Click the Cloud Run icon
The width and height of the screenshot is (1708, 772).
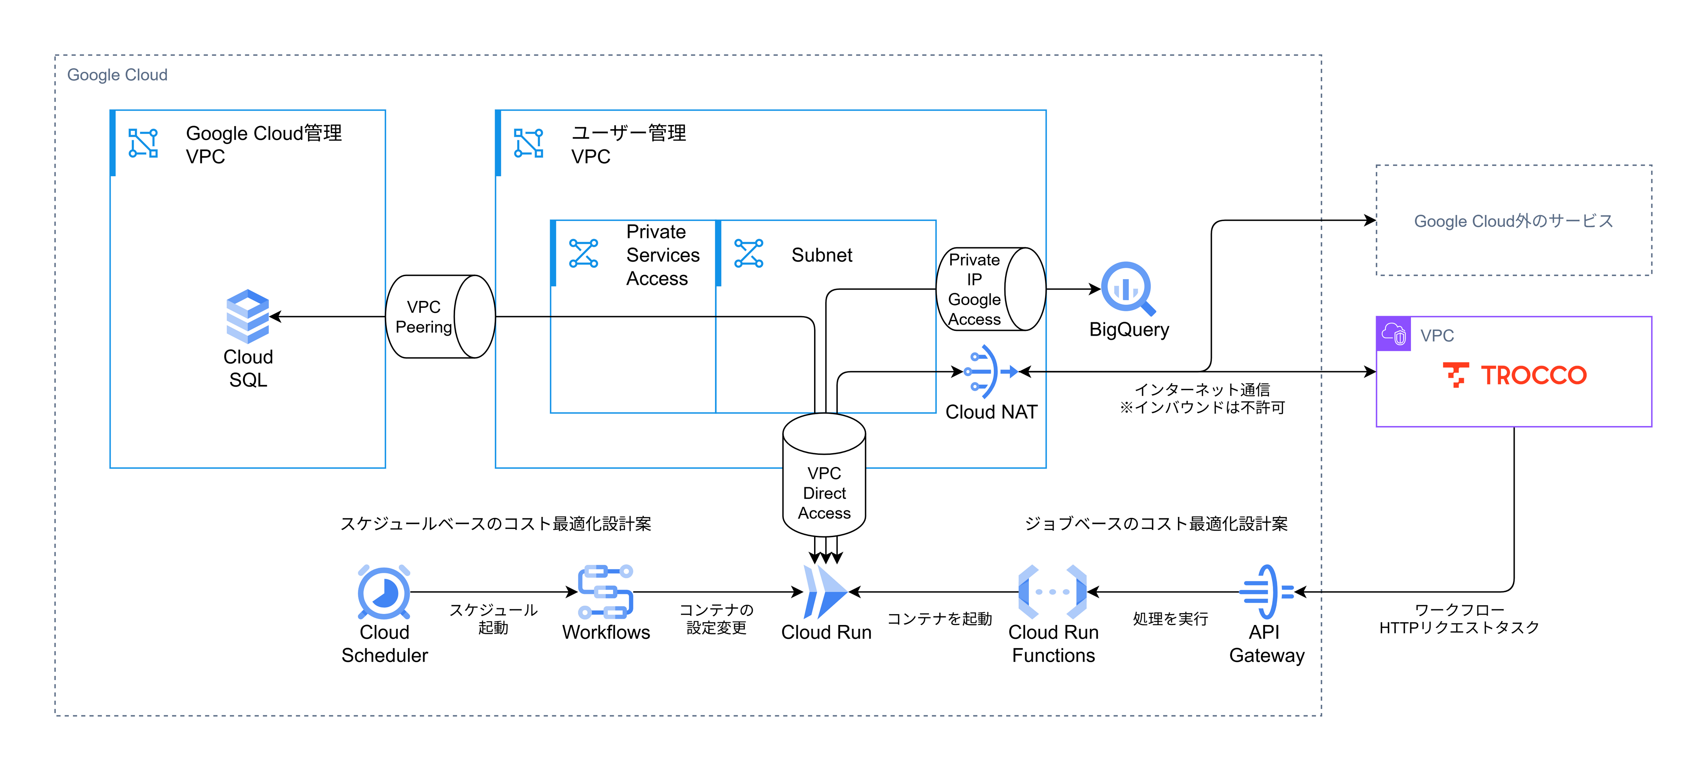(825, 592)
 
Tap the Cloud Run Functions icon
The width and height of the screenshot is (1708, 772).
(1052, 592)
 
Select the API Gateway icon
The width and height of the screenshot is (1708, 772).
(1266, 592)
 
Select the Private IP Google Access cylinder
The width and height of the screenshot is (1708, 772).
(990, 289)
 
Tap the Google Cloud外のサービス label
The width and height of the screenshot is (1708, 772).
(1513, 221)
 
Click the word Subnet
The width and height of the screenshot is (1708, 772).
(822, 255)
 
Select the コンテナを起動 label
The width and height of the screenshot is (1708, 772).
(939, 619)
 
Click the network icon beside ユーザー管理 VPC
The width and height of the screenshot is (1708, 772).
(528, 143)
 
